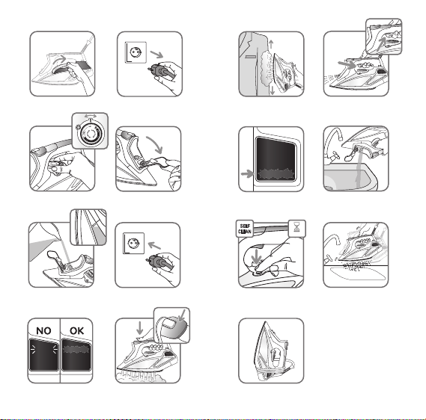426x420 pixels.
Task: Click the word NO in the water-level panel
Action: [x=43, y=331]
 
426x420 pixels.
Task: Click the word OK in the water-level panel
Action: [x=77, y=331]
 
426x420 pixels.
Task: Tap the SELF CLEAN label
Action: [x=245, y=229]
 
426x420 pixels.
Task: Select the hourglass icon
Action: [x=296, y=227]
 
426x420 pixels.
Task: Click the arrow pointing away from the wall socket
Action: [x=156, y=55]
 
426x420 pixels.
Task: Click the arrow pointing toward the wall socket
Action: [x=154, y=246]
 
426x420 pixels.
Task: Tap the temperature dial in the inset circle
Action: [x=91, y=133]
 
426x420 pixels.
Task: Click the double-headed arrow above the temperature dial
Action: [x=90, y=116]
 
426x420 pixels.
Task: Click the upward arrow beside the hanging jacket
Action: [x=271, y=45]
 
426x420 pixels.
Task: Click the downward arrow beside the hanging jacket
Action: [x=273, y=90]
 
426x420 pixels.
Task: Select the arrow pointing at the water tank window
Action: [x=247, y=174]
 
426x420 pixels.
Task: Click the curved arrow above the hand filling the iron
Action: [x=155, y=143]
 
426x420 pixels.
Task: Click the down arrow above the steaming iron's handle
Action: [x=140, y=328]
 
